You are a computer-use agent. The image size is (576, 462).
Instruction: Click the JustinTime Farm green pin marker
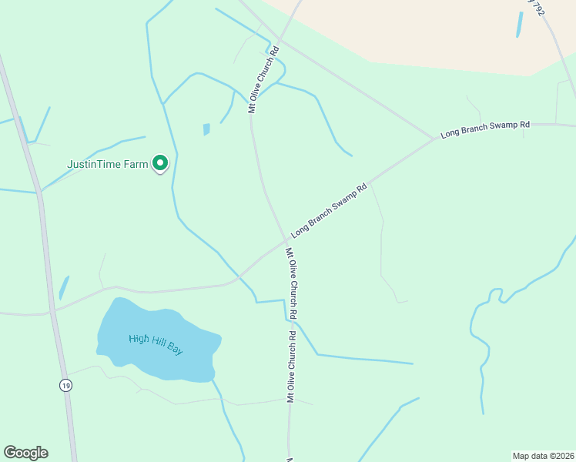click(160, 163)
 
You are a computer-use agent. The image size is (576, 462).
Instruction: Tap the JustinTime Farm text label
click(108, 164)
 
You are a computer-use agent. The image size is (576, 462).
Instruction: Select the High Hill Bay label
click(156, 344)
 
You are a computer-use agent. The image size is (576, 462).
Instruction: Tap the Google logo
click(25, 453)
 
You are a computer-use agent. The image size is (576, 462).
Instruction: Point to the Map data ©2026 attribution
click(543, 456)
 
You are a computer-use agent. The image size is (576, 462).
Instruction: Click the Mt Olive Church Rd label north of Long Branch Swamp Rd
click(263, 79)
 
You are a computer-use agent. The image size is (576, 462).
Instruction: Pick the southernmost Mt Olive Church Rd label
click(292, 367)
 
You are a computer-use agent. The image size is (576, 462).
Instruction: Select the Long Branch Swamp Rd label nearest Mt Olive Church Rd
click(329, 210)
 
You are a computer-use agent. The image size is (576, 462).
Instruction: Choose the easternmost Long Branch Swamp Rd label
click(485, 129)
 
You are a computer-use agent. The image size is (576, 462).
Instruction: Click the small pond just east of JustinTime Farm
click(206, 129)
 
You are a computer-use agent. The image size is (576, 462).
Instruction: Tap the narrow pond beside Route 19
click(63, 288)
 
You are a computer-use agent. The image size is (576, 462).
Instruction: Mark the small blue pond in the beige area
click(520, 25)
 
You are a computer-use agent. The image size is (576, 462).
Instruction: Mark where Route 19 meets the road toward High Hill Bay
click(52, 311)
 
